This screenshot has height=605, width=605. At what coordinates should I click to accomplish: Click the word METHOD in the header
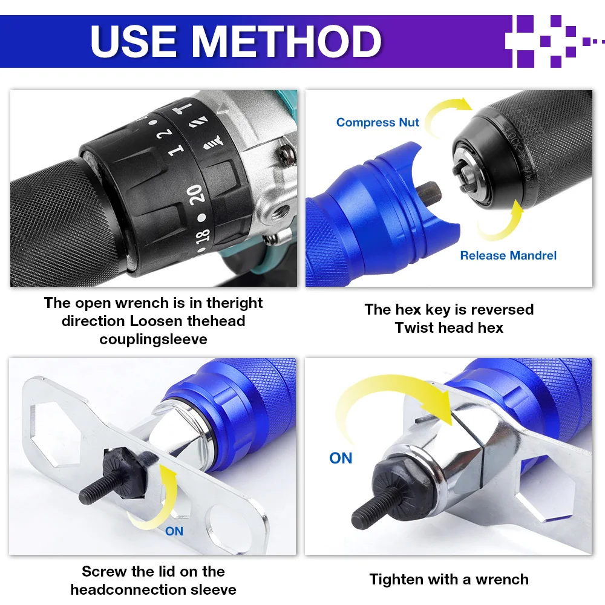pyautogui.click(x=287, y=41)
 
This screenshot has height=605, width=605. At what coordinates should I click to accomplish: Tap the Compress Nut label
pyautogui.click(x=378, y=122)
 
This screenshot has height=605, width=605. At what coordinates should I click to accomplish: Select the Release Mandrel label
pyautogui.click(x=508, y=255)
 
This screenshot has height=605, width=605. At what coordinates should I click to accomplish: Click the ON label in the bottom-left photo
pyautogui.click(x=174, y=531)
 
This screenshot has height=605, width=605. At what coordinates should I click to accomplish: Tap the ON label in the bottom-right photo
pyautogui.click(x=341, y=458)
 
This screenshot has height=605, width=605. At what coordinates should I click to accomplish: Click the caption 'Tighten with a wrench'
pyautogui.click(x=449, y=579)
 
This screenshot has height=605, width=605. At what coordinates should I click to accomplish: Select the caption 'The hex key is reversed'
pyautogui.click(x=449, y=309)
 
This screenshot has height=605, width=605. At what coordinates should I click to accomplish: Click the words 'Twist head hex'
pyautogui.click(x=449, y=327)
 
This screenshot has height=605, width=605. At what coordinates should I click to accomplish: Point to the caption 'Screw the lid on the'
pyautogui.click(x=153, y=571)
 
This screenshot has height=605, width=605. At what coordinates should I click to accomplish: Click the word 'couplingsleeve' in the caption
pyautogui.click(x=153, y=339)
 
